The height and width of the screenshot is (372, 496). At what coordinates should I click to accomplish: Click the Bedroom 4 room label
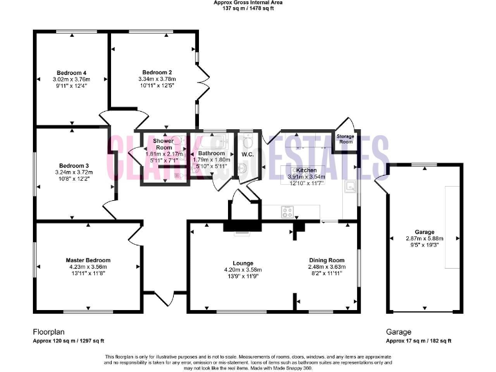pyautogui.click(x=72, y=72)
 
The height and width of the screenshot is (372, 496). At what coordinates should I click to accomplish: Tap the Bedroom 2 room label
pyautogui.click(x=156, y=72)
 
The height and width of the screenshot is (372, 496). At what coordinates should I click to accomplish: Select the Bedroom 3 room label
pyautogui.click(x=73, y=165)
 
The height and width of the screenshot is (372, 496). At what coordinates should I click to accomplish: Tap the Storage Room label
pyautogui.click(x=346, y=139)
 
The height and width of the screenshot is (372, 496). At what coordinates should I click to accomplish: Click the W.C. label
pyautogui.click(x=248, y=154)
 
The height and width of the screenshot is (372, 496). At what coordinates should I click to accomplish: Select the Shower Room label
pyautogui.click(x=162, y=144)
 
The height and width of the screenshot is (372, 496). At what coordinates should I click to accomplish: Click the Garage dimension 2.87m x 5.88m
pyautogui.click(x=424, y=238)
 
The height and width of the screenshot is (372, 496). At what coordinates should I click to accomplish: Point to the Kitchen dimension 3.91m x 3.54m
pyautogui.click(x=306, y=176)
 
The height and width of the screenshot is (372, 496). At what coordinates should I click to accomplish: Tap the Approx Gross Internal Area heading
pyautogui.click(x=247, y=3)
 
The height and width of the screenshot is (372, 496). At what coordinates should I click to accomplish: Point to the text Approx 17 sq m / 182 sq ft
pyautogui.click(x=418, y=341)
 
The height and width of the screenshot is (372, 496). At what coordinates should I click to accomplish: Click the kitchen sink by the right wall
pyautogui.click(x=349, y=186)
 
